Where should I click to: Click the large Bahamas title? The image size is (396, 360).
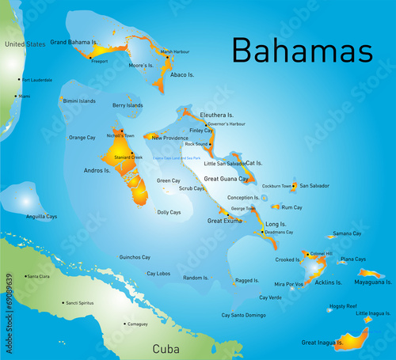click(302, 50)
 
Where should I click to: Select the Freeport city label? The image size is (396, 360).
click(99, 61)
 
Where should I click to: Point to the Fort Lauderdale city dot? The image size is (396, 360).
click(21, 80)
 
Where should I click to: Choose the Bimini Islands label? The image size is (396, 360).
click(79, 101)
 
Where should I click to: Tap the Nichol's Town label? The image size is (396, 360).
click(120, 135)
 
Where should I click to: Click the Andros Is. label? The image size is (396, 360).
click(98, 170)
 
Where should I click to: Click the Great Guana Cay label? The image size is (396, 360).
click(227, 179)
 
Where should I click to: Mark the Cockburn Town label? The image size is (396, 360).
click(276, 186)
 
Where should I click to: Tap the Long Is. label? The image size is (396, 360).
click(276, 224)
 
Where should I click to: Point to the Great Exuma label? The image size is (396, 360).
click(224, 221)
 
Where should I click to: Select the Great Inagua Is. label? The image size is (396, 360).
click(322, 343)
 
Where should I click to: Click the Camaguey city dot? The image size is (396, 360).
click(124, 324)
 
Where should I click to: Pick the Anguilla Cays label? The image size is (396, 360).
click(41, 216)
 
